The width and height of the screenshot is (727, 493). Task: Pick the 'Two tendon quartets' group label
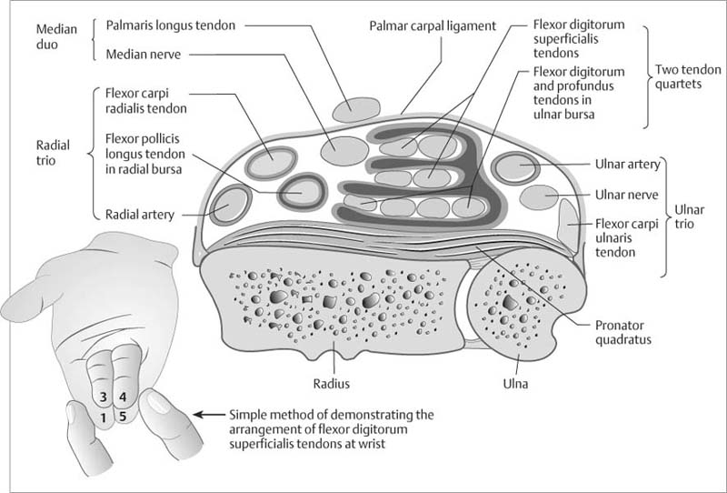683,76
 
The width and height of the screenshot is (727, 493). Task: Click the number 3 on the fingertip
105,397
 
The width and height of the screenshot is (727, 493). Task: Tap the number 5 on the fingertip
123,418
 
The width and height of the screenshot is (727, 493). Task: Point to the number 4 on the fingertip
123,397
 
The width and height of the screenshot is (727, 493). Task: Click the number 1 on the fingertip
105,418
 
